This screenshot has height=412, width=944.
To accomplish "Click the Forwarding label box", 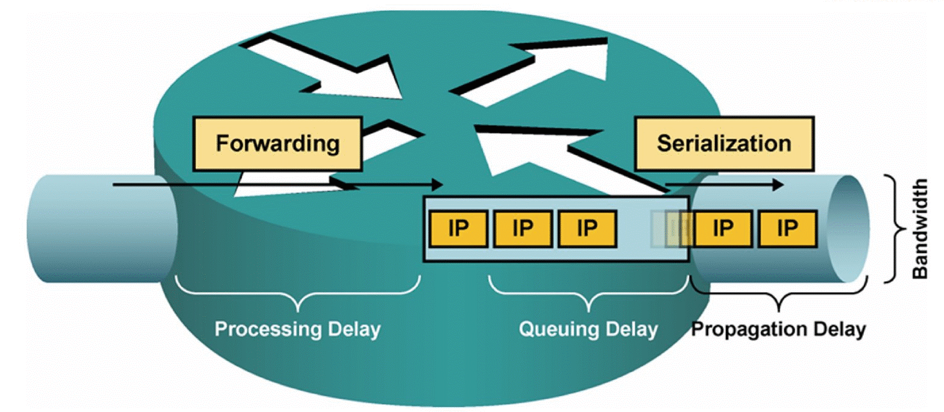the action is tap(277, 144).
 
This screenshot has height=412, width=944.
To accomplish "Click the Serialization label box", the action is tap(723, 143).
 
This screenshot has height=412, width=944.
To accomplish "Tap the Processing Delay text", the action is tap(298, 329).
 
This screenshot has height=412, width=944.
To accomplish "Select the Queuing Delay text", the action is tap(588, 329).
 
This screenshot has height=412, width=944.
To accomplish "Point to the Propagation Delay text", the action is tap(778, 329).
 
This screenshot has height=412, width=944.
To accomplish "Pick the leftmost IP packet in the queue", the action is tap(458, 229).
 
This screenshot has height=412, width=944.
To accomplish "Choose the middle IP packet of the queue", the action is tap(522, 229).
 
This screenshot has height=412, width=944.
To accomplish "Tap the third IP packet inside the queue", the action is tap(587, 229).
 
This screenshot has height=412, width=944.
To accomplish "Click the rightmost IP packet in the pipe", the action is tap(787, 229).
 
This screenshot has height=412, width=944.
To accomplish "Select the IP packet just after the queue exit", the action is tap(722, 229).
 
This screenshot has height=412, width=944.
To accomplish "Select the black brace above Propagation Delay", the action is tap(778, 295).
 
